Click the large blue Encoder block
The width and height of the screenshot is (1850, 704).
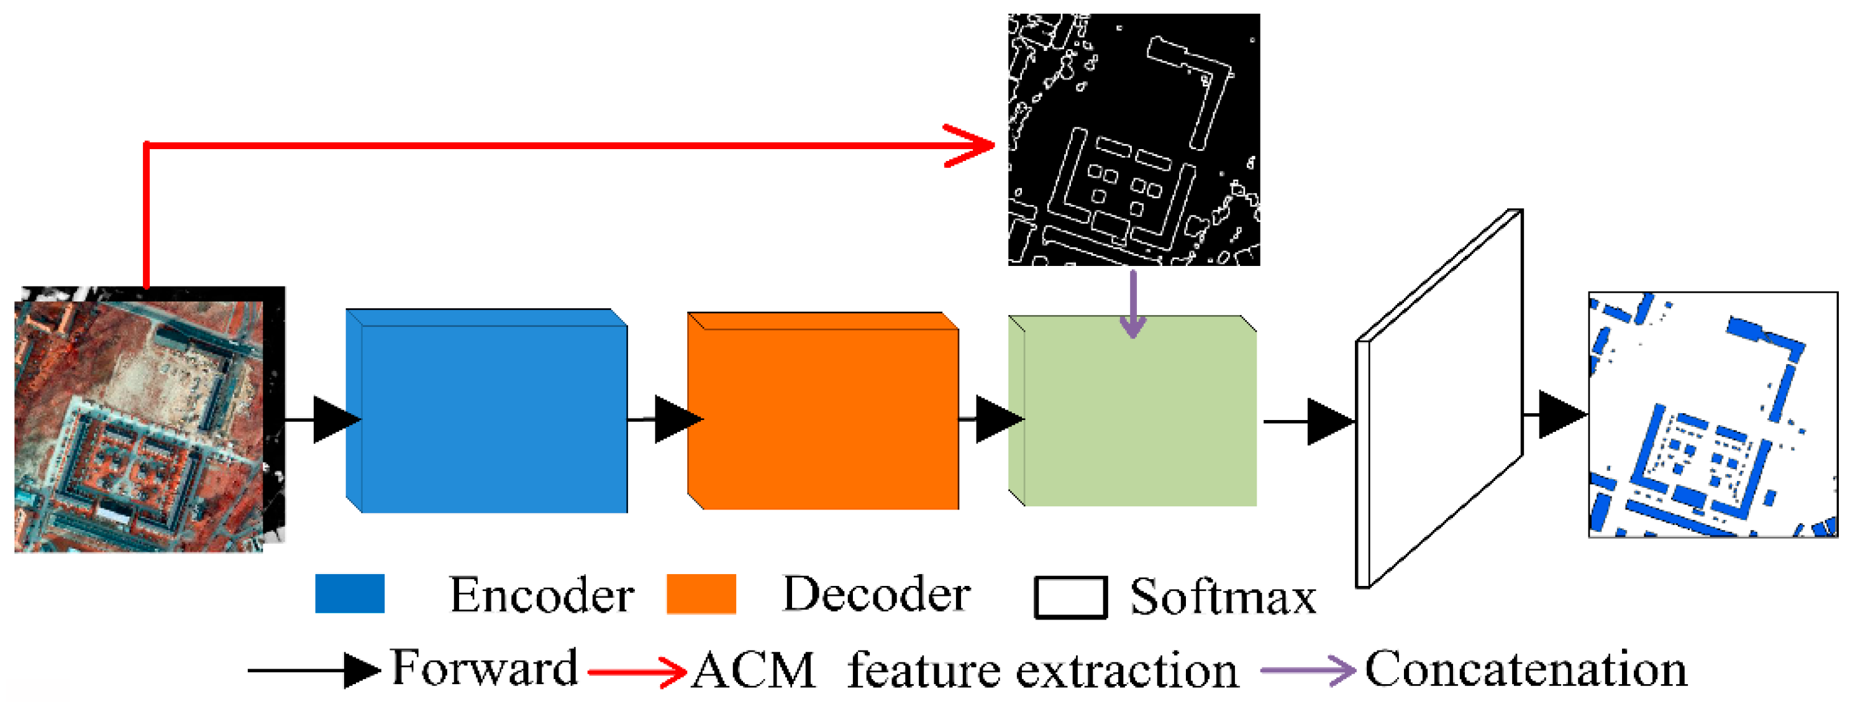488,413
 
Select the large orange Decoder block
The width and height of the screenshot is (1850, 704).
826,413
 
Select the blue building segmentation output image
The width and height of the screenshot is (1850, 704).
1713,414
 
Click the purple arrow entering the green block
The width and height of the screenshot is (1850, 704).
1132,305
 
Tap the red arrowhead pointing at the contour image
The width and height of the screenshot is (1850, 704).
973,145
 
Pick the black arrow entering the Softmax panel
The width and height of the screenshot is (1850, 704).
1325,422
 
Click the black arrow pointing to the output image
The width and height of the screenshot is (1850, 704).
1559,414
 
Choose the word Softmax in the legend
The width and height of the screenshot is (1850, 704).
1223,597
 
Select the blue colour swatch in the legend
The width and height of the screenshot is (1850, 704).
350,593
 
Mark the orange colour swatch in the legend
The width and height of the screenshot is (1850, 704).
701,593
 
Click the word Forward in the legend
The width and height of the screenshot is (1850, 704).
484,668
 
